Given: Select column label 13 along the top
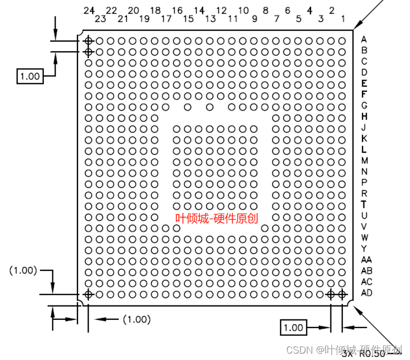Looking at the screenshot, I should [210, 19].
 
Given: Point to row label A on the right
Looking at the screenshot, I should [364, 39].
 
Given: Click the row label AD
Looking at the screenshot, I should [366, 293].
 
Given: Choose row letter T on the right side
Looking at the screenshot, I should [364, 204].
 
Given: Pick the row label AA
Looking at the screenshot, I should [366, 260].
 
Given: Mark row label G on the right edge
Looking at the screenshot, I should [364, 105].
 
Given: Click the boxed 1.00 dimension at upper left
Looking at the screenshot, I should [29, 76].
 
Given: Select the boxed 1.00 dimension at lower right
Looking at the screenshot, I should [293, 327].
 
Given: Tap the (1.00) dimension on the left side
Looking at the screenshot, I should [23, 270].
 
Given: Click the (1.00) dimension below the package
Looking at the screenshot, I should [137, 319].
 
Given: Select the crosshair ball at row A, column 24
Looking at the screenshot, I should [89, 41].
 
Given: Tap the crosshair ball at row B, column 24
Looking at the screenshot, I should [89, 51].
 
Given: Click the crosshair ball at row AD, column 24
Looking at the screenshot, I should [89, 294].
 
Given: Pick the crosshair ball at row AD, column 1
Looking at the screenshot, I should [342, 294].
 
